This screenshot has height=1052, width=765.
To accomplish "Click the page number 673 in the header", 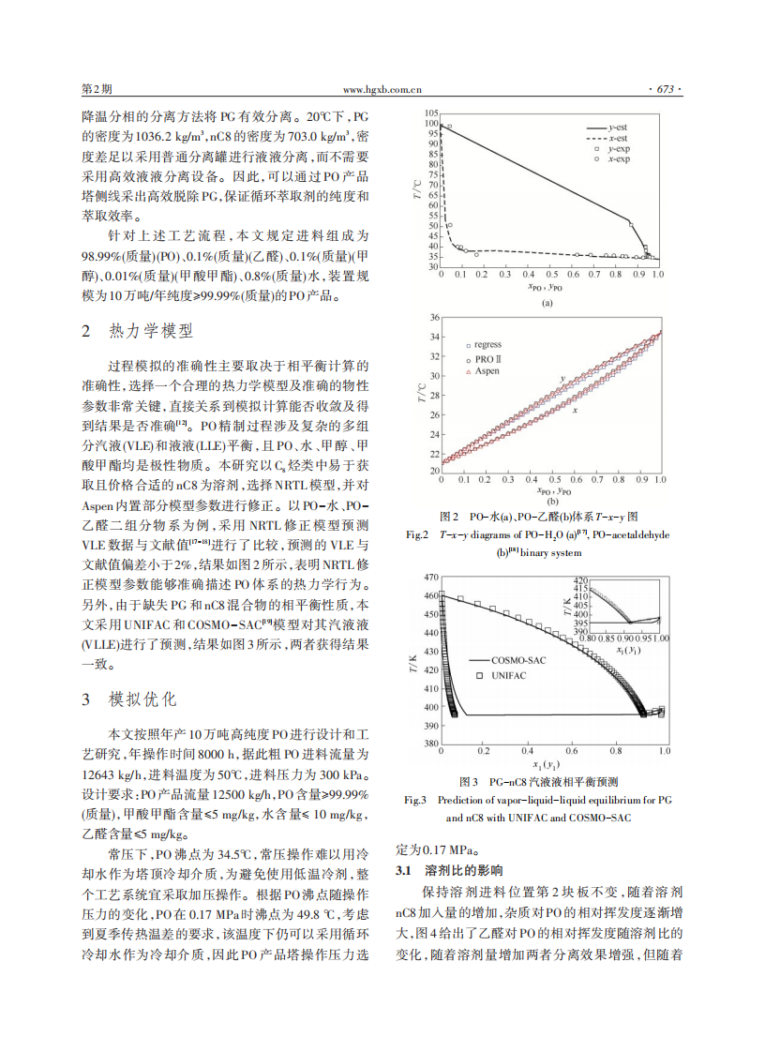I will point(666,90).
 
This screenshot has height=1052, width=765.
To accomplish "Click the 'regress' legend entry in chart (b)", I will point(487,345).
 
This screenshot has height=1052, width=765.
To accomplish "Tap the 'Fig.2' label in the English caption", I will point(416,535).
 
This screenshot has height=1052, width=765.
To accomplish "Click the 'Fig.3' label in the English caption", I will point(416,800).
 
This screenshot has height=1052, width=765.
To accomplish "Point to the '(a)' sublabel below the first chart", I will point(546,303).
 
